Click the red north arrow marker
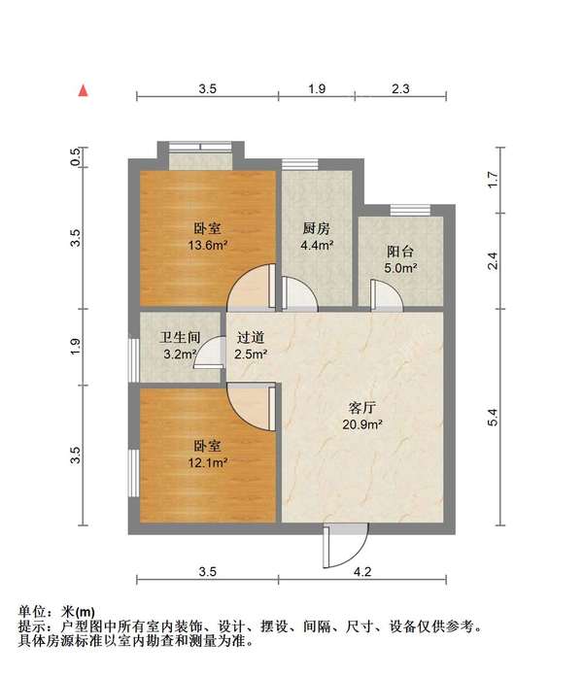point(85,90)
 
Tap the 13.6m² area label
point(206,246)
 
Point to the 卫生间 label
point(181,338)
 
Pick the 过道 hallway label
point(251,338)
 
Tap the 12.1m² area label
point(206,462)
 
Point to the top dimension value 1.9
point(316,89)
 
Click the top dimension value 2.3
point(400,89)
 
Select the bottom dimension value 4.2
point(362,572)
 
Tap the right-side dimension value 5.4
point(493,418)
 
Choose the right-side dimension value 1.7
point(493,179)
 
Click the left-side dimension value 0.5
point(76,157)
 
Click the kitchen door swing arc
point(295,292)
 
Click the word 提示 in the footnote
point(31,627)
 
